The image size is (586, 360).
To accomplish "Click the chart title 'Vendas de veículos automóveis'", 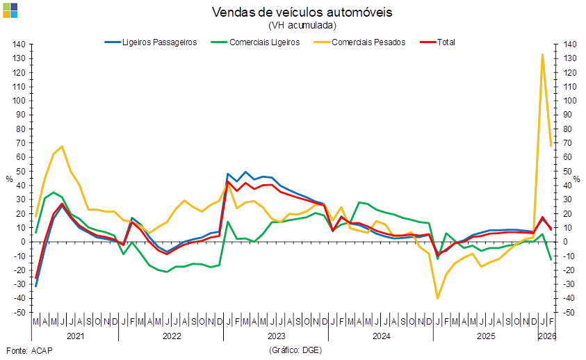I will [x=302, y=13].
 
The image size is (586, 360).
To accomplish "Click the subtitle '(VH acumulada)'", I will [x=302, y=25].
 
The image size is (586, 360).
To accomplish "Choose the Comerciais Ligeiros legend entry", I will [x=266, y=42].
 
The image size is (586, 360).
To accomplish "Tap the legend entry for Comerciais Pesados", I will [x=368, y=42].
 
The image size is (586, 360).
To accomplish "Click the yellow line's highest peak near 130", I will [x=542, y=54].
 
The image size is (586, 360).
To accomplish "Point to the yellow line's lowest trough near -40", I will [x=438, y=298].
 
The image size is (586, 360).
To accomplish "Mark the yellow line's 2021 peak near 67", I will [x=63, y=147].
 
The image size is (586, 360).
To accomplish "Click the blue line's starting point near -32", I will [x=35, y=286].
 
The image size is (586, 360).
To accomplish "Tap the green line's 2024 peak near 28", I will [x=361, y=202].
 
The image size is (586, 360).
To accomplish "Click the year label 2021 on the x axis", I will [x=75, y=336].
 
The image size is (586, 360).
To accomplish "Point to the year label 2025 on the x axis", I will [x=485, y=336].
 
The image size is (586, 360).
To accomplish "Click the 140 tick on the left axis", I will [x=19, y=44].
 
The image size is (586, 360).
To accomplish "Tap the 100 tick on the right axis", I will [x=570, y=101].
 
